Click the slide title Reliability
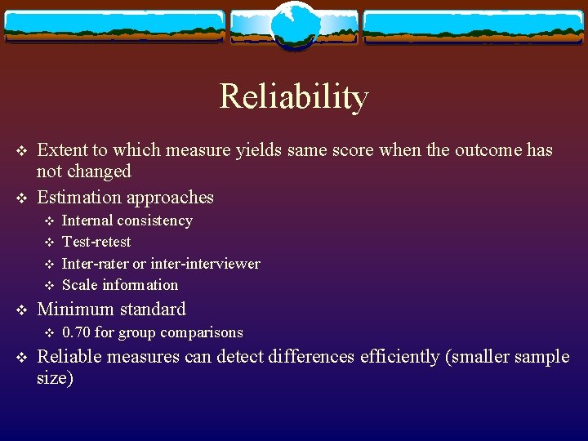pyautogui.click(x=294, y=97)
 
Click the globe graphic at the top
pyautogui.click(x=294, y=26)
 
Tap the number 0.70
pyautogui.click(x=77, y=332)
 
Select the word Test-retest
pyautogui.click(x=96, y=242)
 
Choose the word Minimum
pyautogui.click(x=74, y=310)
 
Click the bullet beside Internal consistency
pyautogui.click(x=48, y=221)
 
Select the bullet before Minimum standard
pyautogui.click(x=22, y=310)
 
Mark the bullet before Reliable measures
pyautogui.click(x=22, y=358)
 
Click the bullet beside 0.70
pyautogui.click(x=48, y=333)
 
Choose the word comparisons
pyautogui.click(x=202, y=332)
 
